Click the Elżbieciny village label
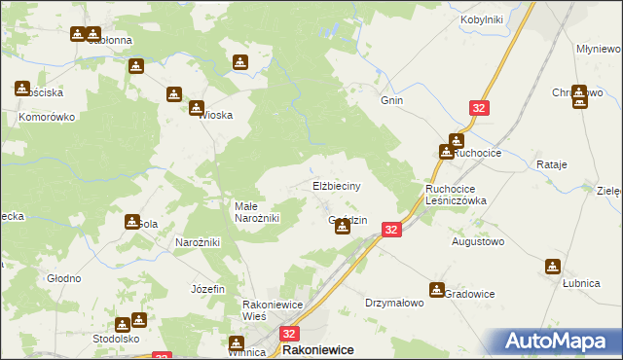337,186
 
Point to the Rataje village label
551,164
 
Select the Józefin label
208,289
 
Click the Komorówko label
47,116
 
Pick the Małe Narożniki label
258,212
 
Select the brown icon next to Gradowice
437,289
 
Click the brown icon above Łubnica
553,266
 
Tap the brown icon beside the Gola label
132,222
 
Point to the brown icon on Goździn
342,227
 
